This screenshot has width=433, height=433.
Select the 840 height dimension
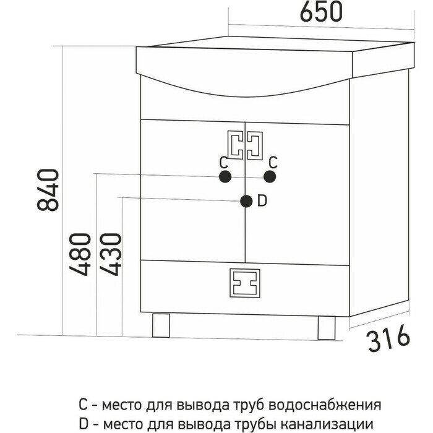click(x=49, y=189)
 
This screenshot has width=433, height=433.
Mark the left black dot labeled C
click(x=225, y=177)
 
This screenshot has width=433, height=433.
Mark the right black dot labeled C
click(x=269, y=177)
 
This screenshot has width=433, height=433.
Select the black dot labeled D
click(x=246, y=200)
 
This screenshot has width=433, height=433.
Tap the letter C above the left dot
click(x=225, y=162)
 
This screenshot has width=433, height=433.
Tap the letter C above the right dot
click(x=273, y=162)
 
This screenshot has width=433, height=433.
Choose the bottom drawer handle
click(x=246, y=283)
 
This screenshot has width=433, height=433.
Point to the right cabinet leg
click(x=326, y=327)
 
